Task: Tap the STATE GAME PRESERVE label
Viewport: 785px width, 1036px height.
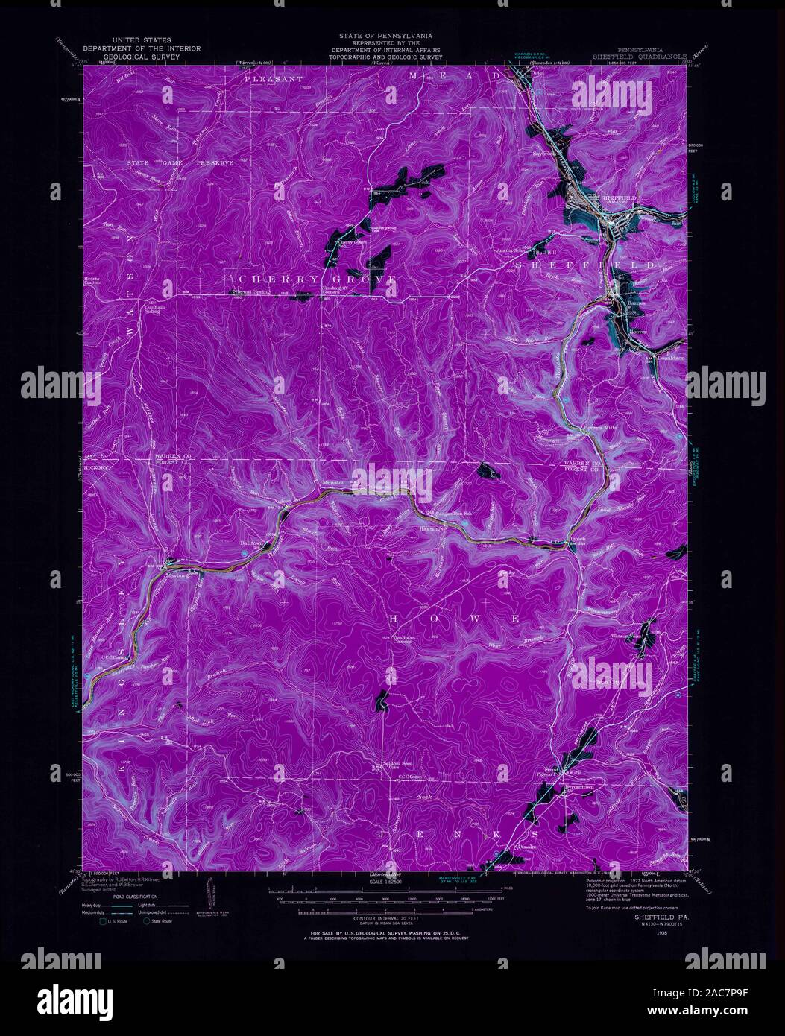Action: point(180,162)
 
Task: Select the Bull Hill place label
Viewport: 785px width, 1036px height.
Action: point(546,253)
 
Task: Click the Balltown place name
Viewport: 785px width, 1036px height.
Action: point(252,544)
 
